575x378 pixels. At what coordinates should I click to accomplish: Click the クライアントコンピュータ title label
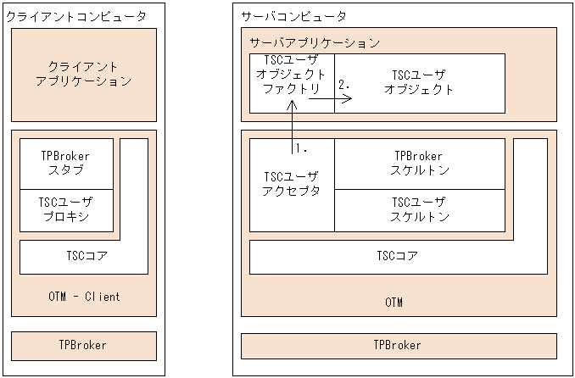(x=75, y=16)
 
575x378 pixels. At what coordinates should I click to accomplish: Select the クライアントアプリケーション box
(x=84, y=74)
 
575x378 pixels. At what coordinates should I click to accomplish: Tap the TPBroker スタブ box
(x=65, y=164)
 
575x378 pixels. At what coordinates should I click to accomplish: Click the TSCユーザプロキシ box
(x=65, y=209)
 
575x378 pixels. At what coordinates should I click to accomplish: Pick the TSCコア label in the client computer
(x=87, y=254)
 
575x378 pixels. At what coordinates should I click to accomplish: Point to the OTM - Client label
(x=84, y=297)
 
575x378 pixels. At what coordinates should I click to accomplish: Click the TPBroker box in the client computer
(x=84, y=346)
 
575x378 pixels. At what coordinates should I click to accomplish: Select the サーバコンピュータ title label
(x=293, y=16)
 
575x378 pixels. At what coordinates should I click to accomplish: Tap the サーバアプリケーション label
(x=314, y=42)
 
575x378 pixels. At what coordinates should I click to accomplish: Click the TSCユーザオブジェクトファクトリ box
(x=291, y=76)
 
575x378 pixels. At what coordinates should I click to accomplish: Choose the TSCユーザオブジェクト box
(x=419, y=82)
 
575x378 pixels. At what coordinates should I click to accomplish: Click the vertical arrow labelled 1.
(x=291, y=127)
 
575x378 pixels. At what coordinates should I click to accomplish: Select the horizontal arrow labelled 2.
(x=330, y=98)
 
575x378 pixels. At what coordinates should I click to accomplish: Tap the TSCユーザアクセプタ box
(x=292, y=184)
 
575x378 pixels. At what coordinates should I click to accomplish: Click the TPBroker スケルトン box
(x=419, y=163)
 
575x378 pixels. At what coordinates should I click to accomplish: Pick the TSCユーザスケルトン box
(x=419, y=208)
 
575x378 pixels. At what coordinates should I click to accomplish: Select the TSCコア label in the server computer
(x=397, y=254)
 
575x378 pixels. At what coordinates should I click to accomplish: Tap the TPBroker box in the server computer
(x=398, y=346)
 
